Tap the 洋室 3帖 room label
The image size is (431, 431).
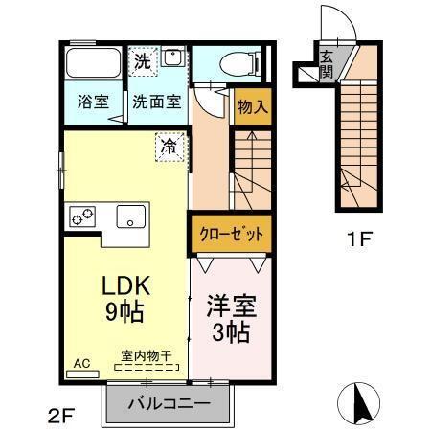230,319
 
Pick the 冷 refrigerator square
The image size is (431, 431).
169,147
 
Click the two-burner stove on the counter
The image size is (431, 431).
82,216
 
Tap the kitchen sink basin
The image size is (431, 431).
131,216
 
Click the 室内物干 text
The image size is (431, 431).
146,356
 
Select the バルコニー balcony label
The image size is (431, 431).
170,403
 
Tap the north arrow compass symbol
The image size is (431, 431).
362,403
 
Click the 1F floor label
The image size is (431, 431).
359,237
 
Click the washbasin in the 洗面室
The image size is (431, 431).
173,60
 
